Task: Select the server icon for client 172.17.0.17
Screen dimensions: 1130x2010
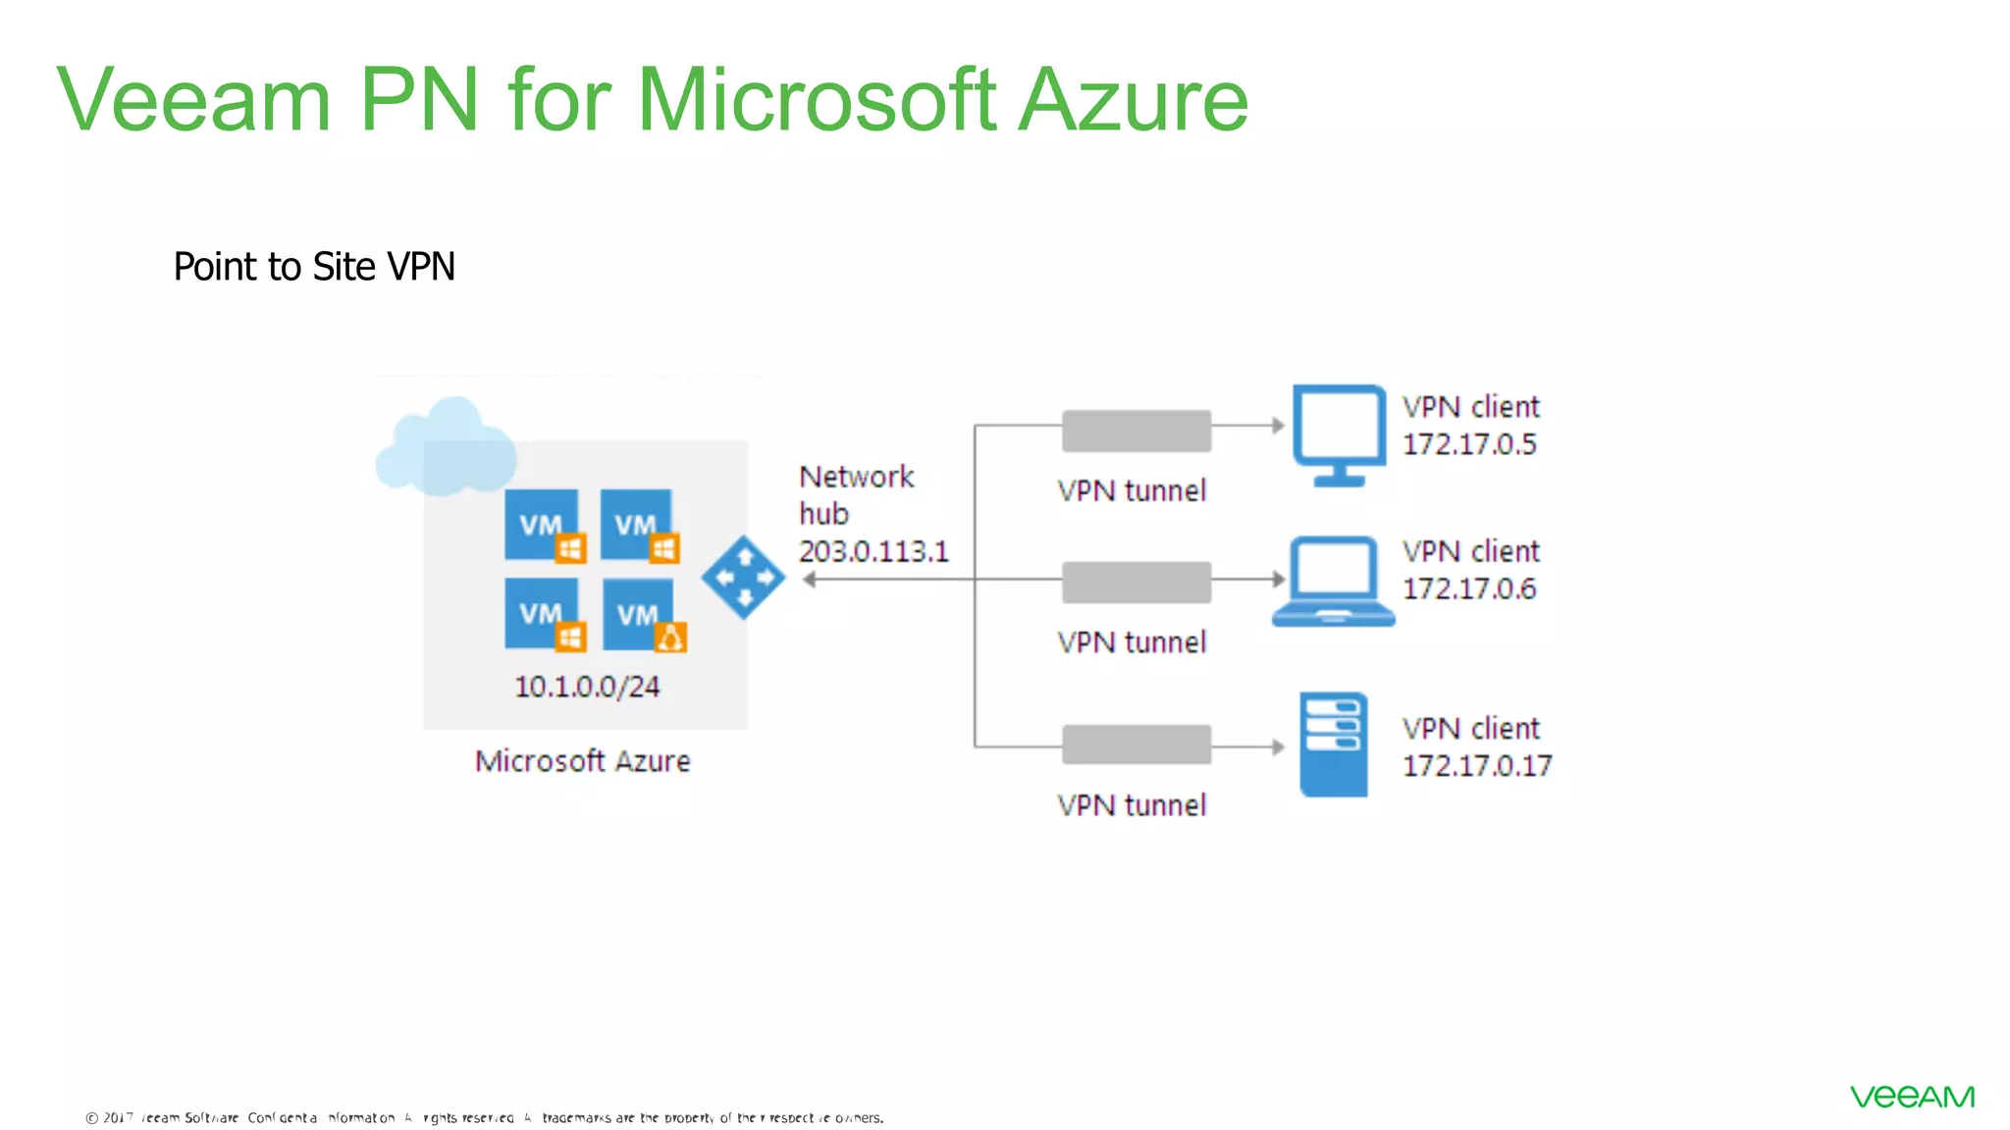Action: point(1333,744)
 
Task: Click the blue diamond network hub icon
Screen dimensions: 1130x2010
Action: point(743,578)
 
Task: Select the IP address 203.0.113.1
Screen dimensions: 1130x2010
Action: point(873,551)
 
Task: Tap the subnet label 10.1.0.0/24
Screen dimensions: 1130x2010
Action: point(587,687)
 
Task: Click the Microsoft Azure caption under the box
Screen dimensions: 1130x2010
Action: point(582,761)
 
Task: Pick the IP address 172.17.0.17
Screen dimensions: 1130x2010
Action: point(1476,766)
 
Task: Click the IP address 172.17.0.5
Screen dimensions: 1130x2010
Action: point(1468,444)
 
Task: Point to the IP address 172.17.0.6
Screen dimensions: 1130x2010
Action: point(1468,589)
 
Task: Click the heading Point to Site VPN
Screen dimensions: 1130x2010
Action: point(314,267)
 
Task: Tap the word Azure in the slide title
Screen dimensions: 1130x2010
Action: point(1133,100)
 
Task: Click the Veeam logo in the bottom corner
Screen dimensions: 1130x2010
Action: point(1912,1097)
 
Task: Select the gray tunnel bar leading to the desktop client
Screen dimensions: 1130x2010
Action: point(1137,431)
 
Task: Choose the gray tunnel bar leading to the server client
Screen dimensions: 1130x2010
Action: point(1137,745)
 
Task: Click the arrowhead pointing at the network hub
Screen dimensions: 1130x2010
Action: point(810,580)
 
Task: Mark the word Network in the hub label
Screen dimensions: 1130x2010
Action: point(856,477)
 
